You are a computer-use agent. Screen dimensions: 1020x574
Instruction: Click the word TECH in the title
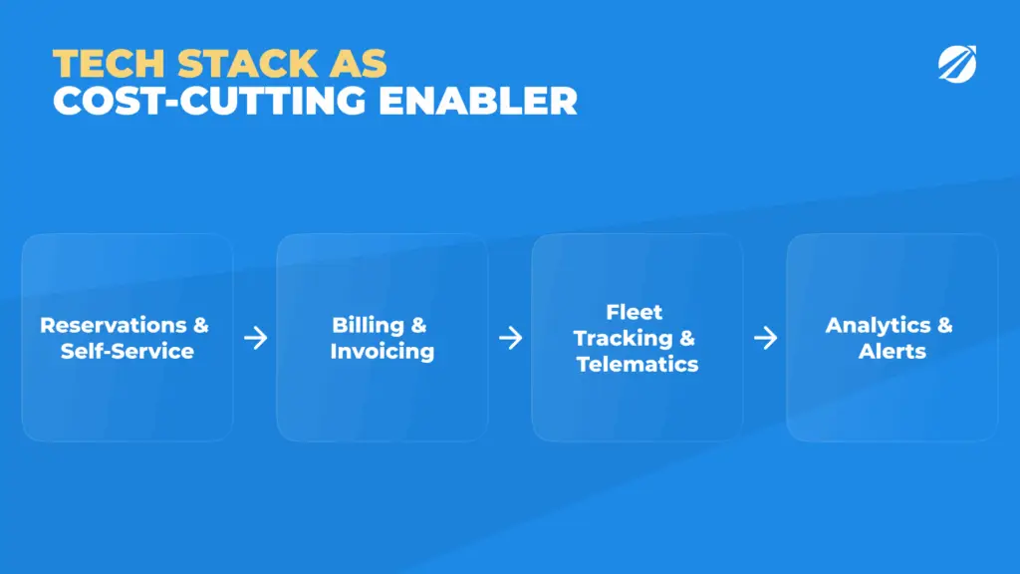(x=109, y=64)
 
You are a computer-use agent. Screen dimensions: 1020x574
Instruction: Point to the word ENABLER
(x=478, y=101)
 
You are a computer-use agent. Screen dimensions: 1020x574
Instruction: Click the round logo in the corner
(x=957, y=64)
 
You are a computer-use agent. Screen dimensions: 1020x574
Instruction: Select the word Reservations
(x=114, y=325)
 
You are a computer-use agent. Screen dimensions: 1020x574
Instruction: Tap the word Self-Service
(x=127, y=351)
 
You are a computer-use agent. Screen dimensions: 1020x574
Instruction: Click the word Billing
(x=369, y=325)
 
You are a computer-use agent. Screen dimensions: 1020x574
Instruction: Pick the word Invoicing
(x=382, y=352)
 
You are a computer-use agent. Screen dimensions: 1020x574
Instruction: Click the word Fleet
(x=635, y=312)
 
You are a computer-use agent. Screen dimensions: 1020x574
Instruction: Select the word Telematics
(x=637, y=364)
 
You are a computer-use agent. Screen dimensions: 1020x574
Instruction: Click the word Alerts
(x=892, y=351)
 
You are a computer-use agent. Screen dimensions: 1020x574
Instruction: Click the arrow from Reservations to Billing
(x=256, y=338)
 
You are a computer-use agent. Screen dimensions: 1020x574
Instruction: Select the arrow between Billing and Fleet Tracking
(x=511, y=338)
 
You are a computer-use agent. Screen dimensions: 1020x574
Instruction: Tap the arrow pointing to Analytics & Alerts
(x=766, y=338)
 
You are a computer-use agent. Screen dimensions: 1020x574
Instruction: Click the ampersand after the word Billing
(x=418, y=325)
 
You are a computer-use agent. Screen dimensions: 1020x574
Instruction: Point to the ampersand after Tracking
(x=687, y=338)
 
